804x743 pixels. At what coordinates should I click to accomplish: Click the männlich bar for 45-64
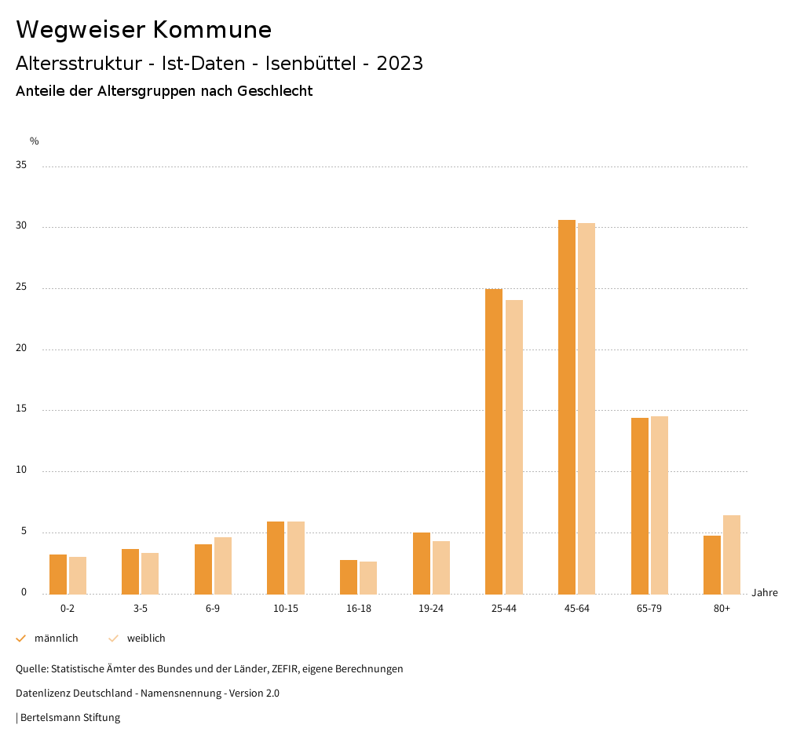pos(567,407)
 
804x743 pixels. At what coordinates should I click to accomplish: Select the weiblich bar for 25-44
pos(514,447)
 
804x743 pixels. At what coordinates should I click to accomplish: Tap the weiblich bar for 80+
pos(732,555)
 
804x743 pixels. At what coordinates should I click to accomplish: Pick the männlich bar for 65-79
pos(640,506)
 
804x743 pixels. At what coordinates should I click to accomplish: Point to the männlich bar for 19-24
pos(422,563)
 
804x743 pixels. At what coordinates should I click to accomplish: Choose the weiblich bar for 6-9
pos(223,565)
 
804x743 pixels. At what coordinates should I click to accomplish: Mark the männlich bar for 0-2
pos(58,574)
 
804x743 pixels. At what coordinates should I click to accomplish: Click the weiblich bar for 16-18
pos(368,577)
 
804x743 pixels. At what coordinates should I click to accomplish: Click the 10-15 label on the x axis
pos(286,609)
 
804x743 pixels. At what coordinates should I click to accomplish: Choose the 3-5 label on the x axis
pos(141,609)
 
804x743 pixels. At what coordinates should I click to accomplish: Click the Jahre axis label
pos(765,593)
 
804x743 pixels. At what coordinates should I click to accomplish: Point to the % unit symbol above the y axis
pos(35,141)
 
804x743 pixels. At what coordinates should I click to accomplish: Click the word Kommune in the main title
pos(212,30)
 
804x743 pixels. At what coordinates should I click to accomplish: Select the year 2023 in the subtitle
pos(400,64)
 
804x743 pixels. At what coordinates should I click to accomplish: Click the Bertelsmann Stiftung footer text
pos(70,718)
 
